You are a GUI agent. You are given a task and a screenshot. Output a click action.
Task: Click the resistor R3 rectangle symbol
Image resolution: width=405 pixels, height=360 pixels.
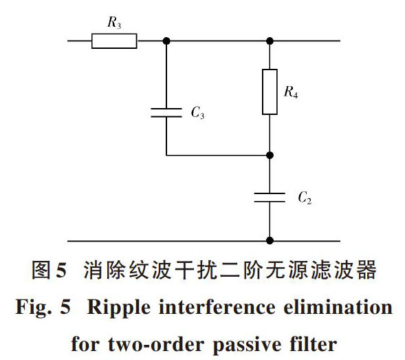114,41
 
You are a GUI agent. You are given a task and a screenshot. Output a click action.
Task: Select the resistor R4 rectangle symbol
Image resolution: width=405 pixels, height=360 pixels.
270,92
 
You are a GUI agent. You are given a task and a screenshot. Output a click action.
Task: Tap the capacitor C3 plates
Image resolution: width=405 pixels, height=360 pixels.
166,113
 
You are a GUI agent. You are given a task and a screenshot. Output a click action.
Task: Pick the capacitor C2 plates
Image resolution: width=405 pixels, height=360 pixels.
270,198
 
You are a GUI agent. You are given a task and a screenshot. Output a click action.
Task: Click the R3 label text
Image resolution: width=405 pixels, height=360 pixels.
114,23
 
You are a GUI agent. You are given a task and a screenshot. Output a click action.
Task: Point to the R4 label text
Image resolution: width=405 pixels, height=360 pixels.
291,92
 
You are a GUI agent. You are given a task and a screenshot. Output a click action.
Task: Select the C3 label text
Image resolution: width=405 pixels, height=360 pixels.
197,112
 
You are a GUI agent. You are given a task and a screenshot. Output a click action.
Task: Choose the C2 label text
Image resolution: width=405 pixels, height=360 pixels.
305,198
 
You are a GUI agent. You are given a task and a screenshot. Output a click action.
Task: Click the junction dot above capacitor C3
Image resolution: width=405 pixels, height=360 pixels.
166,41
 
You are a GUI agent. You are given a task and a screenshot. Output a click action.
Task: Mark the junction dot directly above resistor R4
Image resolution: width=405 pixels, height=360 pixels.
270,41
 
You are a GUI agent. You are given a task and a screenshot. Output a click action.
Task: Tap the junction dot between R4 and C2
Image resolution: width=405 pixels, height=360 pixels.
270,155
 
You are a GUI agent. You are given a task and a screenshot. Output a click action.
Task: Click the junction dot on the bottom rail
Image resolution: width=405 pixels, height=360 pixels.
270,240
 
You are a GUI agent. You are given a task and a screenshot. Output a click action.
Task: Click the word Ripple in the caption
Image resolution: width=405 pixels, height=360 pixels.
118,308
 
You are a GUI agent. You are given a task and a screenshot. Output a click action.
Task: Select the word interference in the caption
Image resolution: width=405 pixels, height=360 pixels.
217,307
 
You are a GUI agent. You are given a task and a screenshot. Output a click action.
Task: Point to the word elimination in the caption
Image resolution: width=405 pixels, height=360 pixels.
338,307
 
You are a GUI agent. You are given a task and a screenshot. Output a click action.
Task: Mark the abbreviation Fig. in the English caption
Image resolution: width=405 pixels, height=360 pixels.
34,308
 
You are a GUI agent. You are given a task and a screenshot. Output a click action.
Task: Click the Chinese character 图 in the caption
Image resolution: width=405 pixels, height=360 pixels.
41,270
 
